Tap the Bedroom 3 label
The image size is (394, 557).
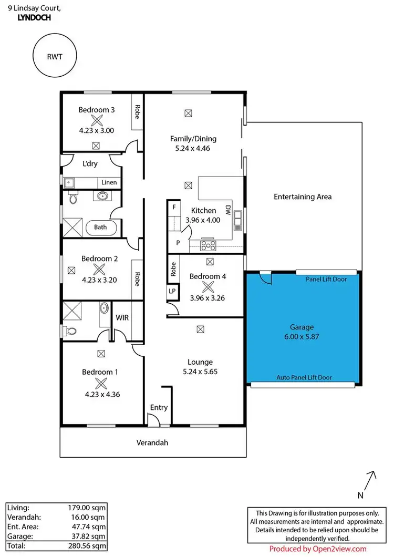click(x=97, y=110)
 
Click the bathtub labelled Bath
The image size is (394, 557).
click(x=100, y=228)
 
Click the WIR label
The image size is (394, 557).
click(x=122, y=318)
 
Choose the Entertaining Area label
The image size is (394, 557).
click(x=303, y=197)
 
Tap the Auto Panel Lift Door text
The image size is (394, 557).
click(x=304, y=377)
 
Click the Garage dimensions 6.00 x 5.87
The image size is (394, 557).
click(x=303, y=336)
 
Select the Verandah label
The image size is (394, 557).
click(x=153, y=443)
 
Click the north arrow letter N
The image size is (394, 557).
click(x=360, y=495)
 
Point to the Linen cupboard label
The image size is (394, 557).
click(x=109, y=182)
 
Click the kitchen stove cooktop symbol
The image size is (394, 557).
click(x=208, y=244)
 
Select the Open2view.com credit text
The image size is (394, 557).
click(x=318, y=549)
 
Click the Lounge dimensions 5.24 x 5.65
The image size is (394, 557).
click(x=200, y=372)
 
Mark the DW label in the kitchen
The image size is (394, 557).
click(x=228, y=210)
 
